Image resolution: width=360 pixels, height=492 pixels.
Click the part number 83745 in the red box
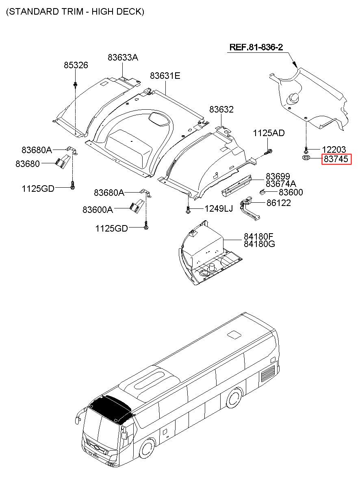coord(336,159)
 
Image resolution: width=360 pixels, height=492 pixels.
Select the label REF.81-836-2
coord(256,48)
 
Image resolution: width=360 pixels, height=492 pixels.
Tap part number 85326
coord(76,65)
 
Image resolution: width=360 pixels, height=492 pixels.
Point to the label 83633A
coord(123,58)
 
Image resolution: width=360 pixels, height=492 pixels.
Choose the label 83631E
coord(165,76)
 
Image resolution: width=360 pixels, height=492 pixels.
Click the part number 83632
coord(221,109)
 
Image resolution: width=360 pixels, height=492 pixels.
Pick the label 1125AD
coord(269,133)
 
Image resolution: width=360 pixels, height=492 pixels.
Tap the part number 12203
coord(334,149)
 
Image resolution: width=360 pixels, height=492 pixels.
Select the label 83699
coord(278,176)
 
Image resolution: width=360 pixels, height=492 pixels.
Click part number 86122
coord(279,203)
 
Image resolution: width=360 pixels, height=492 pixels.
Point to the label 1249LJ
coord(219,209)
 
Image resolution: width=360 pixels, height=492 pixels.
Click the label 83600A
coord(98,210)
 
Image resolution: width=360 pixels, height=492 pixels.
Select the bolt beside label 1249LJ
coord(188,209)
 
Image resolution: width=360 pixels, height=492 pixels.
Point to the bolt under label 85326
coord(76,85)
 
